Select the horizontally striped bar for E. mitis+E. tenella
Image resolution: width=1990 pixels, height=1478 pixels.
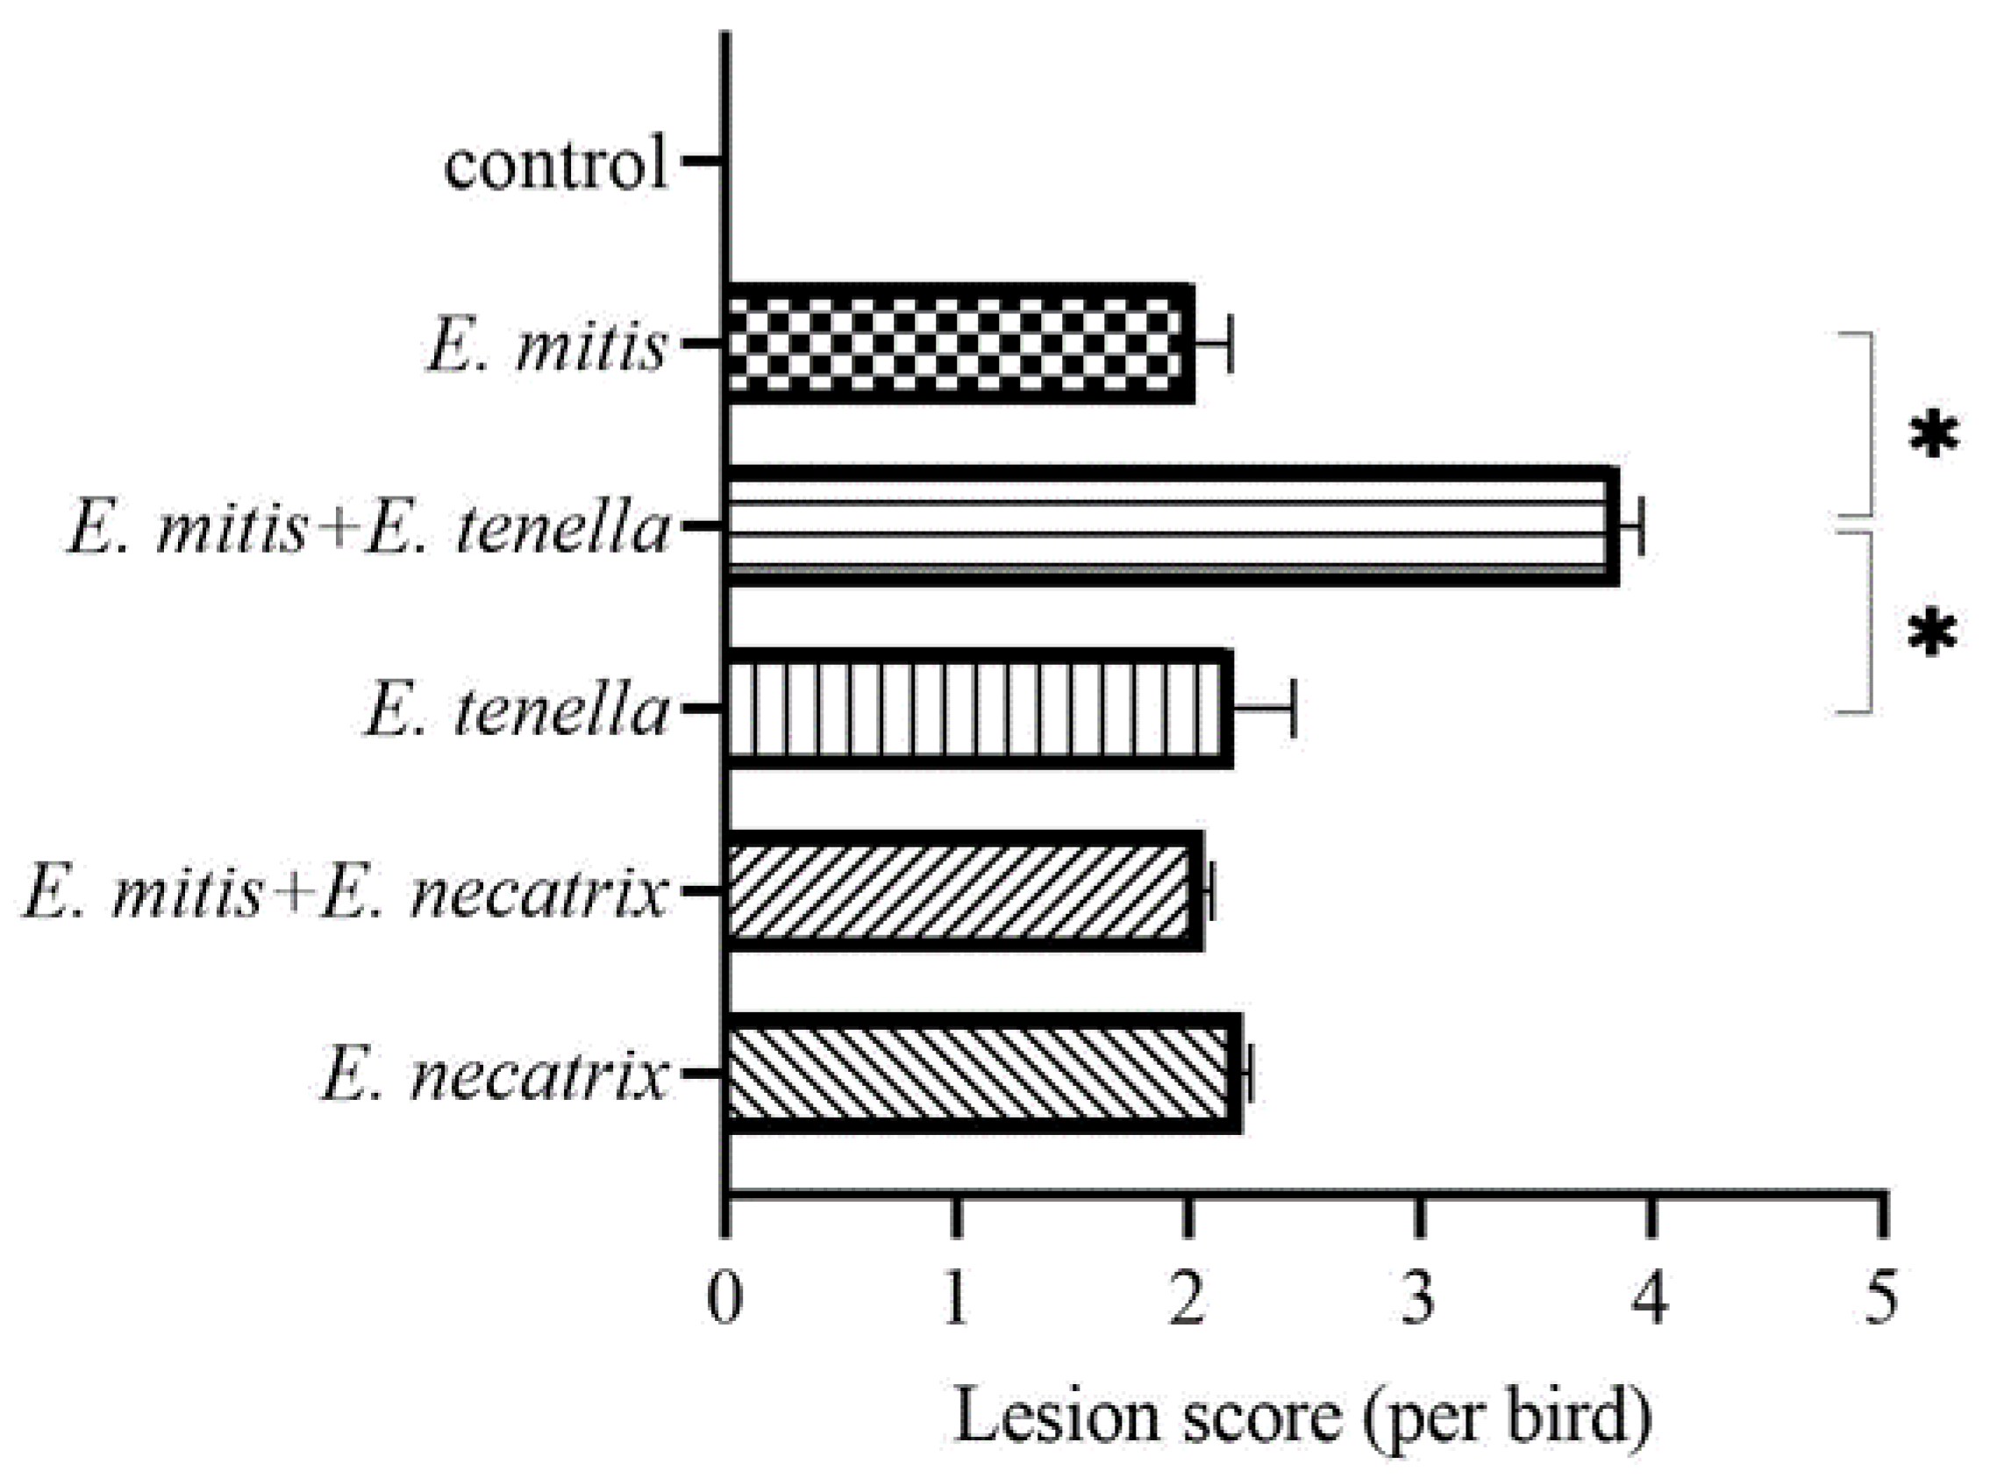pos(1172,527)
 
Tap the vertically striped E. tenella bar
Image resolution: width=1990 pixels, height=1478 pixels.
pos(980,710)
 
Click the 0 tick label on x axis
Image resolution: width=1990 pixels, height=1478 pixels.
pos(724,1300)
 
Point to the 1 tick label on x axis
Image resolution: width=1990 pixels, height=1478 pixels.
pos(956,1300)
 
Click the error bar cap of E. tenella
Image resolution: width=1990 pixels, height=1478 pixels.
pos(1293,710)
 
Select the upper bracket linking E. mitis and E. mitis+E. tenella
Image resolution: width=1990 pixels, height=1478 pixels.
pos(1869,425)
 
